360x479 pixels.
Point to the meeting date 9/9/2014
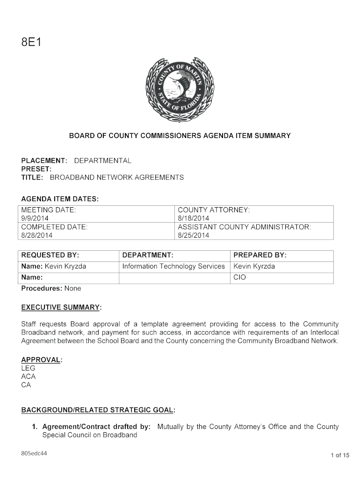coord(35,218)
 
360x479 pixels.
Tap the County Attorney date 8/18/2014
coord(194,218)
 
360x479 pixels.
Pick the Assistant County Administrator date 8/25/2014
coord(194,235)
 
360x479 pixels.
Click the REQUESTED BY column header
coord(50,255)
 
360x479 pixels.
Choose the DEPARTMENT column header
coord(148,255)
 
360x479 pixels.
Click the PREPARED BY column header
coord(260,255)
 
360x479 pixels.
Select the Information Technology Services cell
coord(173,267)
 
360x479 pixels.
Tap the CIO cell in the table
coord(239,277)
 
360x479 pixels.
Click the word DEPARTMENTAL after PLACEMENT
coord(103,160)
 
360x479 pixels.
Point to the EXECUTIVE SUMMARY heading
coord(62,307)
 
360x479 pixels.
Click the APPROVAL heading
coord(42,360)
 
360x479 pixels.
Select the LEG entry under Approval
coord(28,368)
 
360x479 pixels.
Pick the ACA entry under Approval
coord(28,377)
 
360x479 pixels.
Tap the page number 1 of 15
coord(340,455)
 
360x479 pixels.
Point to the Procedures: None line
coord(51,288)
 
